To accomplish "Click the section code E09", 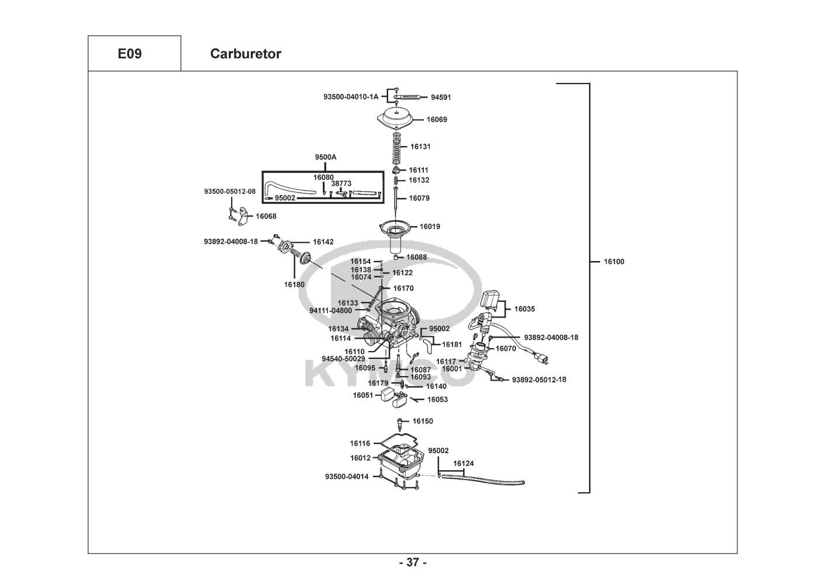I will [130, 54].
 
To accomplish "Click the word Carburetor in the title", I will [245, 54].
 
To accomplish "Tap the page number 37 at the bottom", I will [413, 562].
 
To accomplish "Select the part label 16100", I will [614, 262].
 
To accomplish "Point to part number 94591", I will [441, 98].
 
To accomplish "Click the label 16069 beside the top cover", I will [437, 120].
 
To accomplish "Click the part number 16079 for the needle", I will [419, 198].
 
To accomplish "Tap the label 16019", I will [430, 227].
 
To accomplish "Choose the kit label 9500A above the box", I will [326, 157].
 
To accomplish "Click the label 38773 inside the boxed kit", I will [341, 183].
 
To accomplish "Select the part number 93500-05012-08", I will [229, 192].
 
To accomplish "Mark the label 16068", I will [266, 216].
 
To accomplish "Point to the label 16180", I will [294, 284].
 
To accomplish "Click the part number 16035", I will [524, 309].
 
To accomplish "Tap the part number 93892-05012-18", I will [539, 380].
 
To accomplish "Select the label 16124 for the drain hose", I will [463, 463].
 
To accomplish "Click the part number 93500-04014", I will [347, 477].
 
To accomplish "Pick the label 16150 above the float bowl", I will [423, 421].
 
